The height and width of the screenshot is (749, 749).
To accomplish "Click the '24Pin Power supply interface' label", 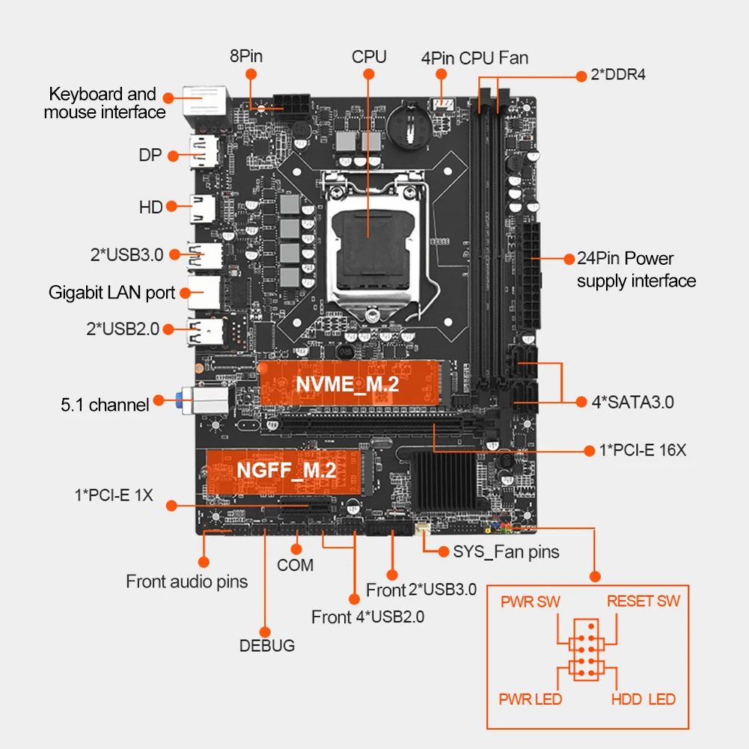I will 636,269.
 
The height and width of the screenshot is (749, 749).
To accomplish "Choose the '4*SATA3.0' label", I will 633,402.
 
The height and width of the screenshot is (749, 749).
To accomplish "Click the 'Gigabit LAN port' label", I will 112,292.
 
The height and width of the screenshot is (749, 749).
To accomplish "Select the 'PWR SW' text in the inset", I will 530,602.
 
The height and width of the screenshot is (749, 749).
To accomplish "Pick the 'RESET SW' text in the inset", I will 643,601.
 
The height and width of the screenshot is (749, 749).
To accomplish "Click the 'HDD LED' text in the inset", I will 643,700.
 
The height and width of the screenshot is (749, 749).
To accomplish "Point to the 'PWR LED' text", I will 530,700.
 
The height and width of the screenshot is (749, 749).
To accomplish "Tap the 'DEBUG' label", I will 267,646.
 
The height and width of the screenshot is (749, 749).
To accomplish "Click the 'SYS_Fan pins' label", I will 507,552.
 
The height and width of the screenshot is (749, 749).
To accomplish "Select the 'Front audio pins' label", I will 186,581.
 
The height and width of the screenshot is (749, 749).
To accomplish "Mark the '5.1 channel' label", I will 105,405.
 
